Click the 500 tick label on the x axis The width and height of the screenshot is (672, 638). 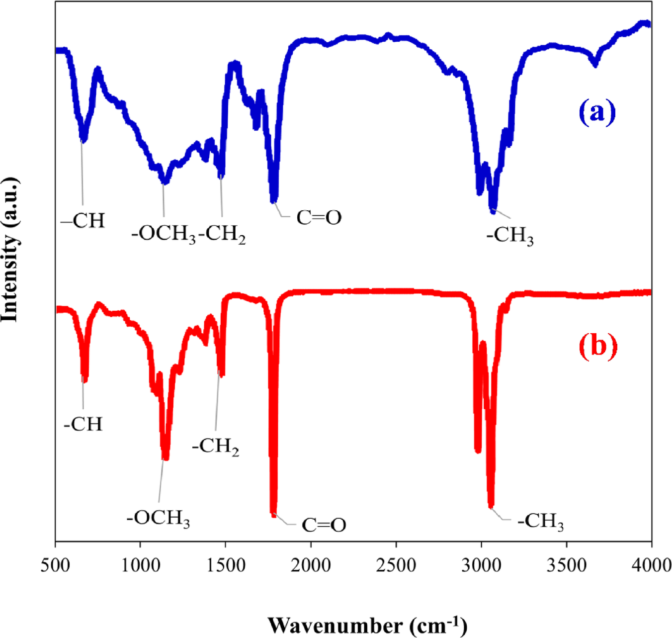[x=55, y=565]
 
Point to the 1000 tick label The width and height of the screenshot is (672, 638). [x=140, y=565]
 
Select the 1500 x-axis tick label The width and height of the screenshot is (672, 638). [x=226, y=565]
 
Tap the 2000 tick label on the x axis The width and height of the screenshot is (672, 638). [x=311, y=565]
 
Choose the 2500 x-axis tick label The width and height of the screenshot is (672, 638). [x=396, y=565]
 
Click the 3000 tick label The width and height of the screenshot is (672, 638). [x=481, y=565]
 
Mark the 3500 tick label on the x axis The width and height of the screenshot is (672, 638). [x=567, y=565]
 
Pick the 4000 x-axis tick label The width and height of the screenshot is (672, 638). [x=651, y=565]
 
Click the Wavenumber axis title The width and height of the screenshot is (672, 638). [x=368, y=625]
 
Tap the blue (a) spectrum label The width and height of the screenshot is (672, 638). [x=597, y=112]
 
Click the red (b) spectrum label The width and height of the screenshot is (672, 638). [x=598, y=346]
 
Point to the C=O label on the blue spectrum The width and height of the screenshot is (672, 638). [x=319, y=218]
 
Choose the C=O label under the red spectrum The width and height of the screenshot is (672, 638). [x=324, y=525]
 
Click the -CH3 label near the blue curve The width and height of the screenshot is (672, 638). [x=510, y=235]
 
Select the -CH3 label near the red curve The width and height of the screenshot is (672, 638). [x=540, y=522]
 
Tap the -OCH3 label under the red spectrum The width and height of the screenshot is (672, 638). [x=159, y=518]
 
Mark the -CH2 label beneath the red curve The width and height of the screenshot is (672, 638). [x=216, y=447]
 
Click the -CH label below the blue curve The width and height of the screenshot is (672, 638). [x=83, y=221]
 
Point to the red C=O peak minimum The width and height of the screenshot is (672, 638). [x=273, y=514]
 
